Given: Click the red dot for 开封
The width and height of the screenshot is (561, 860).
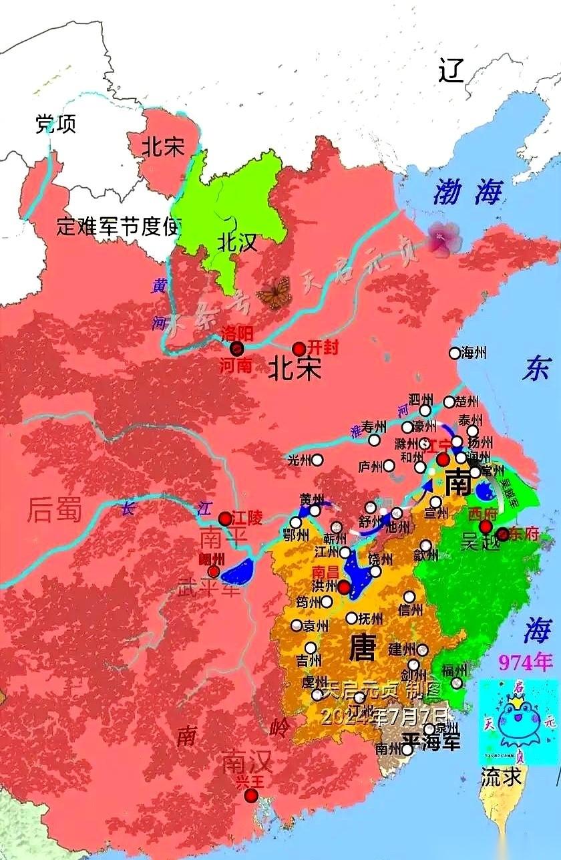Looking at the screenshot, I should pos(299,349).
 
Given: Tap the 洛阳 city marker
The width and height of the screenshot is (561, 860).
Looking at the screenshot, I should pos(236,348).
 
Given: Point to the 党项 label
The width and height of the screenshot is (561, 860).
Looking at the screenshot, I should pos(55,124).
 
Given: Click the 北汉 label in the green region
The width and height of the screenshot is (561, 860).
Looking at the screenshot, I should pos(237,242).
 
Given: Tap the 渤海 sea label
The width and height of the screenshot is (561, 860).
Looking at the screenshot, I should pos(467,193).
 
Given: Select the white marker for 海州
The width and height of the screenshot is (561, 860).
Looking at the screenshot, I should pos(455,353).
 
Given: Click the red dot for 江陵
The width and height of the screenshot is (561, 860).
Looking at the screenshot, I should pos(225,519).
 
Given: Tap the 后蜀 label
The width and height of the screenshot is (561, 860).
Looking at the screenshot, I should pos(55,511).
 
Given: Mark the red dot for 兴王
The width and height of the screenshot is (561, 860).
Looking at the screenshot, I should pos(250,795).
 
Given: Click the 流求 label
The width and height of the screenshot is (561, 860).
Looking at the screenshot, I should pos(502,776).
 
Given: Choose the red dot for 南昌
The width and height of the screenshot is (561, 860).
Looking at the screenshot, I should pos(344,587).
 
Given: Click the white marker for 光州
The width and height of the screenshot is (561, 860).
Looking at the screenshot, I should pos(318,460).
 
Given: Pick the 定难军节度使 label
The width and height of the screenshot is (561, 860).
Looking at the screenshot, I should pos(119,227).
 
